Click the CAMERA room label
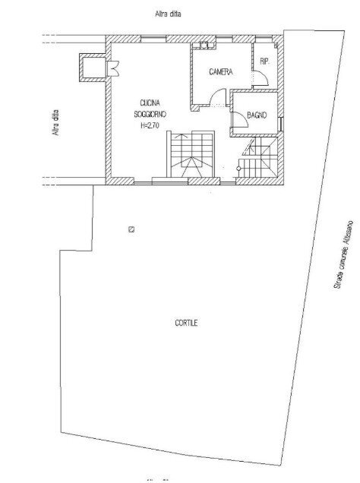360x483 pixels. click(220, 72)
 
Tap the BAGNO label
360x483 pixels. click(254, 115)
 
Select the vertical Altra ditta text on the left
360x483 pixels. click(55, 124)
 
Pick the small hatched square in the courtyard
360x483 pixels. click(131, 229)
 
